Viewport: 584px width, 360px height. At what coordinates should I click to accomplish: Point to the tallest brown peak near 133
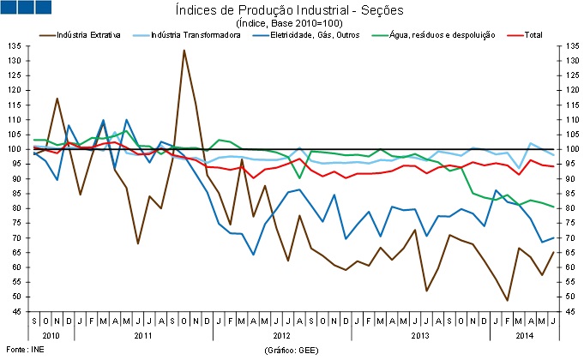click(184, 50)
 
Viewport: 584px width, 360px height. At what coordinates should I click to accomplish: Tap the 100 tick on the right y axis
click(569, 149)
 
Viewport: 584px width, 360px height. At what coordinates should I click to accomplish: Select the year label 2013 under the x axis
click(422, 333)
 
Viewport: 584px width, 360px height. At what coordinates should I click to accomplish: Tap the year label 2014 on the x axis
click(524, 333)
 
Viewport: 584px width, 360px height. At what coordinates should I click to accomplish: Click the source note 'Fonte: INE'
click(26, 351)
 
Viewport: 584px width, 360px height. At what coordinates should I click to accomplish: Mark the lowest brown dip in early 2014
click(507, 300)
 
